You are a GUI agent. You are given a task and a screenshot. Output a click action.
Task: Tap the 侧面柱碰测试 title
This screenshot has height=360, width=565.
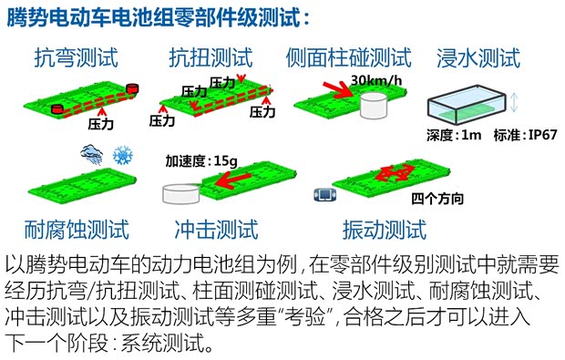348,58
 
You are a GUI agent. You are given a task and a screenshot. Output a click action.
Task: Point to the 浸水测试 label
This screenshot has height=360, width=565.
479,58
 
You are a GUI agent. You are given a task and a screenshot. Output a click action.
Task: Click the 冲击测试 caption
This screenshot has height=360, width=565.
216,228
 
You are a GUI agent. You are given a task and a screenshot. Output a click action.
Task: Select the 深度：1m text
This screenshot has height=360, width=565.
453,135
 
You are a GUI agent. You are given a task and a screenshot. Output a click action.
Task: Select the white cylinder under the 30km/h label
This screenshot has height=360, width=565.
372,105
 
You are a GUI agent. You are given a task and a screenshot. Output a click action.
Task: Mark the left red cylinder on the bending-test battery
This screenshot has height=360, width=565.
56,108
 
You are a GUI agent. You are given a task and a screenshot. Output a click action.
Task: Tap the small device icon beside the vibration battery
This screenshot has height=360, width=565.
320,194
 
